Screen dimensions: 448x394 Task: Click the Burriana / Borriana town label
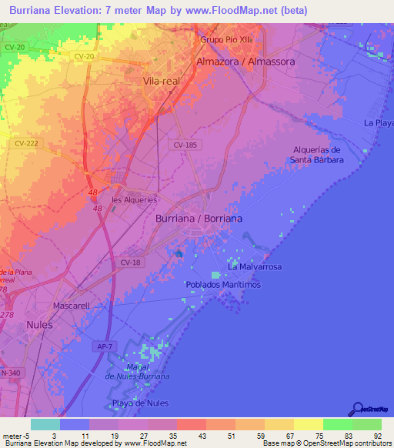(x=199, y=219)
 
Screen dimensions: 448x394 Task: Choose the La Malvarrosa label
(x=255, y=267)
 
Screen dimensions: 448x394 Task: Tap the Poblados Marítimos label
(x=223, y=285)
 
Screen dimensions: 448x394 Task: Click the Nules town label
(x=39, y=325)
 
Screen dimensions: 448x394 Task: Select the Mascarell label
(x=72, y=306)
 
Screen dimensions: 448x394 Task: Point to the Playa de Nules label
(x=141, y=404)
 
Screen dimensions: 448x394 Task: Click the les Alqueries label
(x=134, y=199)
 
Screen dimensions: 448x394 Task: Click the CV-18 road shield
(x=129, y=262)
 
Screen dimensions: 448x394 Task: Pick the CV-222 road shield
(x=25, y=143)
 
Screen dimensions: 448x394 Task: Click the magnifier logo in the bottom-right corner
(x=356, y=410)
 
